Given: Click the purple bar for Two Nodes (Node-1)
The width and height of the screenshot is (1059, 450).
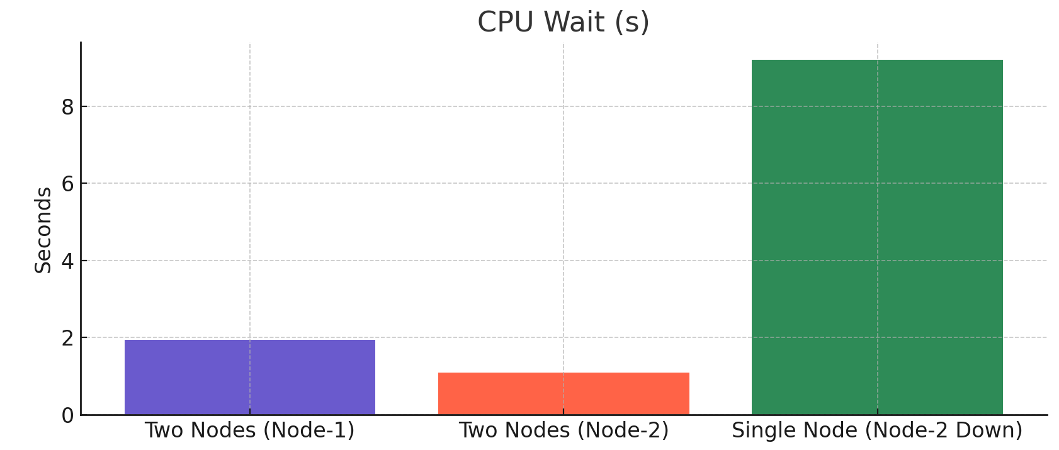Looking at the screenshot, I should [x=250, y=377].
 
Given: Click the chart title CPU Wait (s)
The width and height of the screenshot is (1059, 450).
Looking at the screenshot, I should [x=563, y=22].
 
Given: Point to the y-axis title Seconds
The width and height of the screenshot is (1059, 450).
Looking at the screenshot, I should [x=43, y=230].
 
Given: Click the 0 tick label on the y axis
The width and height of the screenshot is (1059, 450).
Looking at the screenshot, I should [x=67, y=415].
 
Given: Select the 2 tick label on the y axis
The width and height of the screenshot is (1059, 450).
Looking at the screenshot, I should [x=67, y=338].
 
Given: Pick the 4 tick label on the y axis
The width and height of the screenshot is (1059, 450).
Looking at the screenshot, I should [x=67, y=261].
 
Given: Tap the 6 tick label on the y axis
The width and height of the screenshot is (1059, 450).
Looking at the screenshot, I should [x=67, y=184].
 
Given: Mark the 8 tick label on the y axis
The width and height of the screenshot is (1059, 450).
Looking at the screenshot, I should [x=67, y=107].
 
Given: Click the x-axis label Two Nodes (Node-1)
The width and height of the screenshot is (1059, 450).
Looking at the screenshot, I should [x=250, y=430].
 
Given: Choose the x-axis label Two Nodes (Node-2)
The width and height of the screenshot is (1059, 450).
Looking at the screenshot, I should [x=563, y=430].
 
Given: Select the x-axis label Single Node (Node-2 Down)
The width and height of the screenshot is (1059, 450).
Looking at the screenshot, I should [x=877, y=430].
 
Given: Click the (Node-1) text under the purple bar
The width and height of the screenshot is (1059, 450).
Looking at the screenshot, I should [x=309, y=430].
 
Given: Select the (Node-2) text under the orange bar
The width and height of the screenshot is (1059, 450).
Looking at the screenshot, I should [x=623, y=430].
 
